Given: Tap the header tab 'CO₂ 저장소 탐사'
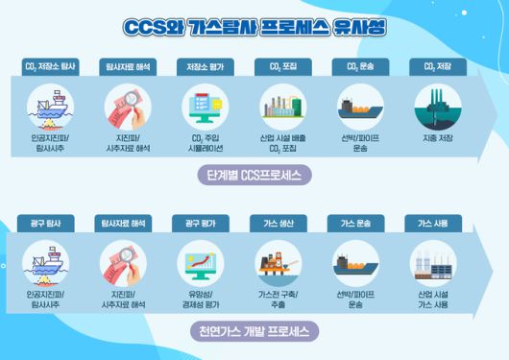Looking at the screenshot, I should pos(48,66).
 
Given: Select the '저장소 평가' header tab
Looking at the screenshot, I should pos(204,66).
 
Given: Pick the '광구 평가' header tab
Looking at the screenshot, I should pos(200,223).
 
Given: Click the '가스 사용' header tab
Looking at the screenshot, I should pos(432,223).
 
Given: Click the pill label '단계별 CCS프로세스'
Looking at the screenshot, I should pos(254,176).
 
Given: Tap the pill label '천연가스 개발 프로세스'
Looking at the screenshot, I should pos(254,332).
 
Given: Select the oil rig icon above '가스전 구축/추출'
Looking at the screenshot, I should pos(279,260).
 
